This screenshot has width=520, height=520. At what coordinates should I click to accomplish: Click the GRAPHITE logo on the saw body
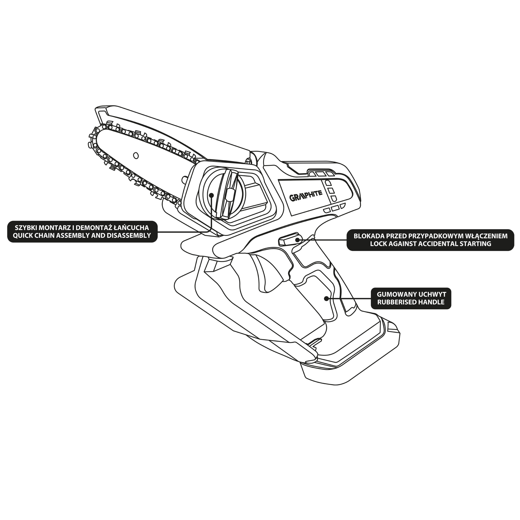pyautogui.click(x=306, y=196)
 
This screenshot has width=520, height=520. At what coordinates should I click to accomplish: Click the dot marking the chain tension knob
pyautogui.click(x=211, y=195)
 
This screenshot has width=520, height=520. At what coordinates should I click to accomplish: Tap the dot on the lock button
pyautogui.click(x=297, y=240)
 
